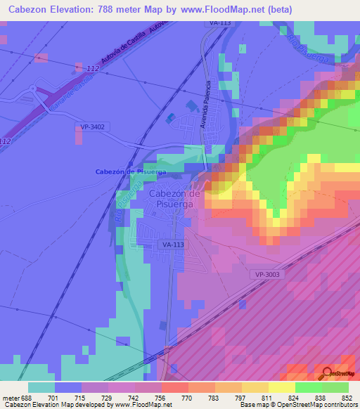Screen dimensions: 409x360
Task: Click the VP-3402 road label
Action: point(93,126)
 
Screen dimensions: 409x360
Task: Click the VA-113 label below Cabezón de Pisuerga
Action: point(173,245)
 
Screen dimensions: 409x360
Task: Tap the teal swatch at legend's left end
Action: point(41,387)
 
